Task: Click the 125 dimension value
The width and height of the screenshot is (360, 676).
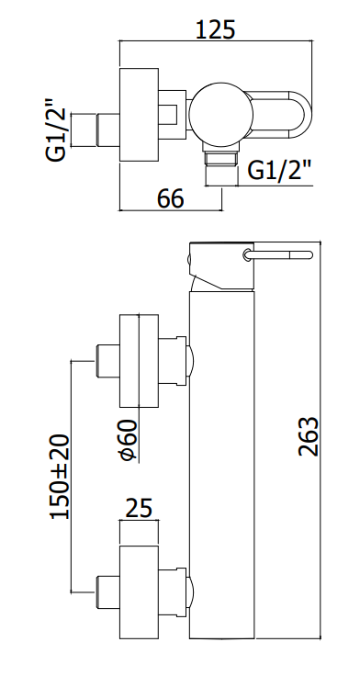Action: pyautogui.click(x=216, y=29)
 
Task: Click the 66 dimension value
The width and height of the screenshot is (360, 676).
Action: pyautogui.click(x=170, y=198)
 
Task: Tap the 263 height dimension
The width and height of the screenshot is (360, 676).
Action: pyautogui.click(x=309, y=436)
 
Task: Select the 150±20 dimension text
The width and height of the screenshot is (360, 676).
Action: pyautogui.click(x=60, y=477)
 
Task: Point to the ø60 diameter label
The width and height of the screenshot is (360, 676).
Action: pyautogui.click(x=129, y=440)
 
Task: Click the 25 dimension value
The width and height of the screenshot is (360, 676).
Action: pyautogui.click(x=139, y=508)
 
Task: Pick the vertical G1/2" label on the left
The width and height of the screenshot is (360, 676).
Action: pyautogui.click(x=56, y=130)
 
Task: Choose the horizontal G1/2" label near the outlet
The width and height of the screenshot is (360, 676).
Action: pyautogui.click(x=280, y=171)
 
